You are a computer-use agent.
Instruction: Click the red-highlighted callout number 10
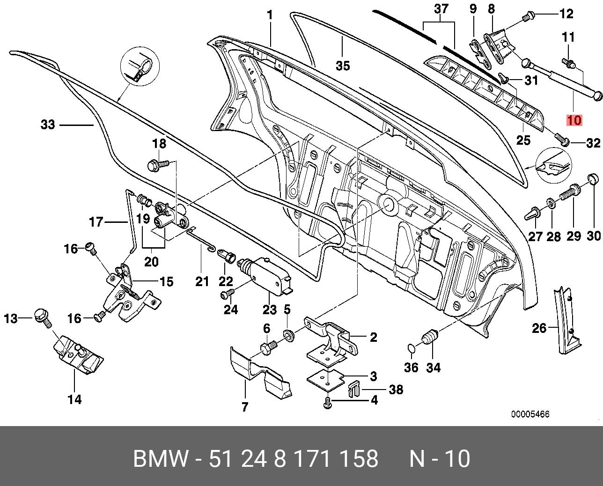coord(574,120)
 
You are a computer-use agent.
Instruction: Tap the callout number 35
coord(343,66)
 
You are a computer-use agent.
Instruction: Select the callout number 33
coord(48,125)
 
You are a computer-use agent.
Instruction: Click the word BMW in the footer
coord(161,458)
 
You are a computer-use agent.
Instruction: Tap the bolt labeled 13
coord(43,318)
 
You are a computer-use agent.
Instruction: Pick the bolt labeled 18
coord(158,164)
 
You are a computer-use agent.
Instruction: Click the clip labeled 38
coord(353,389)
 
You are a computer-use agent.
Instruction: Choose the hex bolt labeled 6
coord(269,347)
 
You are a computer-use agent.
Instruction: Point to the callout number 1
coord(270,15)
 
